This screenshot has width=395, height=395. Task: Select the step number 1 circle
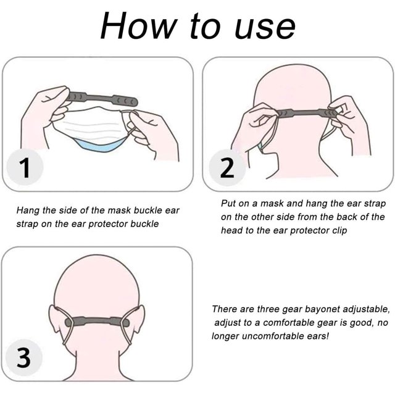click(25, 167)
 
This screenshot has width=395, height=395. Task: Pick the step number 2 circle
click(227, 167)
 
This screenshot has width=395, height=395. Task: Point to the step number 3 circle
click(24, 357)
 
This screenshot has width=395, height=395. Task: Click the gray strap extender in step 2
click(306, 112)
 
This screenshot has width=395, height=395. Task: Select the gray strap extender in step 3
click(97, 322)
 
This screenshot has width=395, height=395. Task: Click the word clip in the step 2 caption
click(339, 231)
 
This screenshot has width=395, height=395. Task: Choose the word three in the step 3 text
click(267, 309)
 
